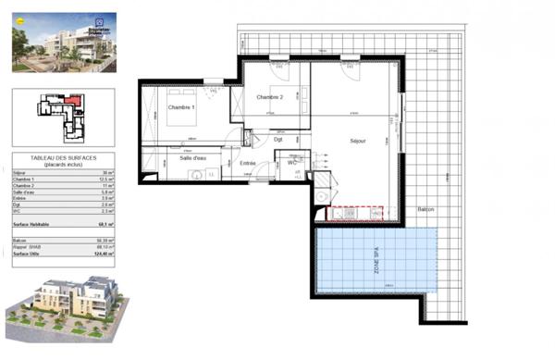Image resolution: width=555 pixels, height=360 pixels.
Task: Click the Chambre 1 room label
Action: tap(181, 107)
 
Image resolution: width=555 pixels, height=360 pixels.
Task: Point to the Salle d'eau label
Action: tap(192, 157)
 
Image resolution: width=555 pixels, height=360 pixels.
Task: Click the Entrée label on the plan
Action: tap(247, 163)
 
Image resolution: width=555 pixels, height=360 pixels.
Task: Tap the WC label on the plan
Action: tap(291, 163)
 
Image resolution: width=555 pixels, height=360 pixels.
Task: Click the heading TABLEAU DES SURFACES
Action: tap(64, 157)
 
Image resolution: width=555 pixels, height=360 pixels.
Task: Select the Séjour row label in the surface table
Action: tap(21, 172)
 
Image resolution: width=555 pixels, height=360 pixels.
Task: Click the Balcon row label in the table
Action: tap(22, 239)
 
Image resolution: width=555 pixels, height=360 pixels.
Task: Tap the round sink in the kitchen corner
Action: tap(320, 196)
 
